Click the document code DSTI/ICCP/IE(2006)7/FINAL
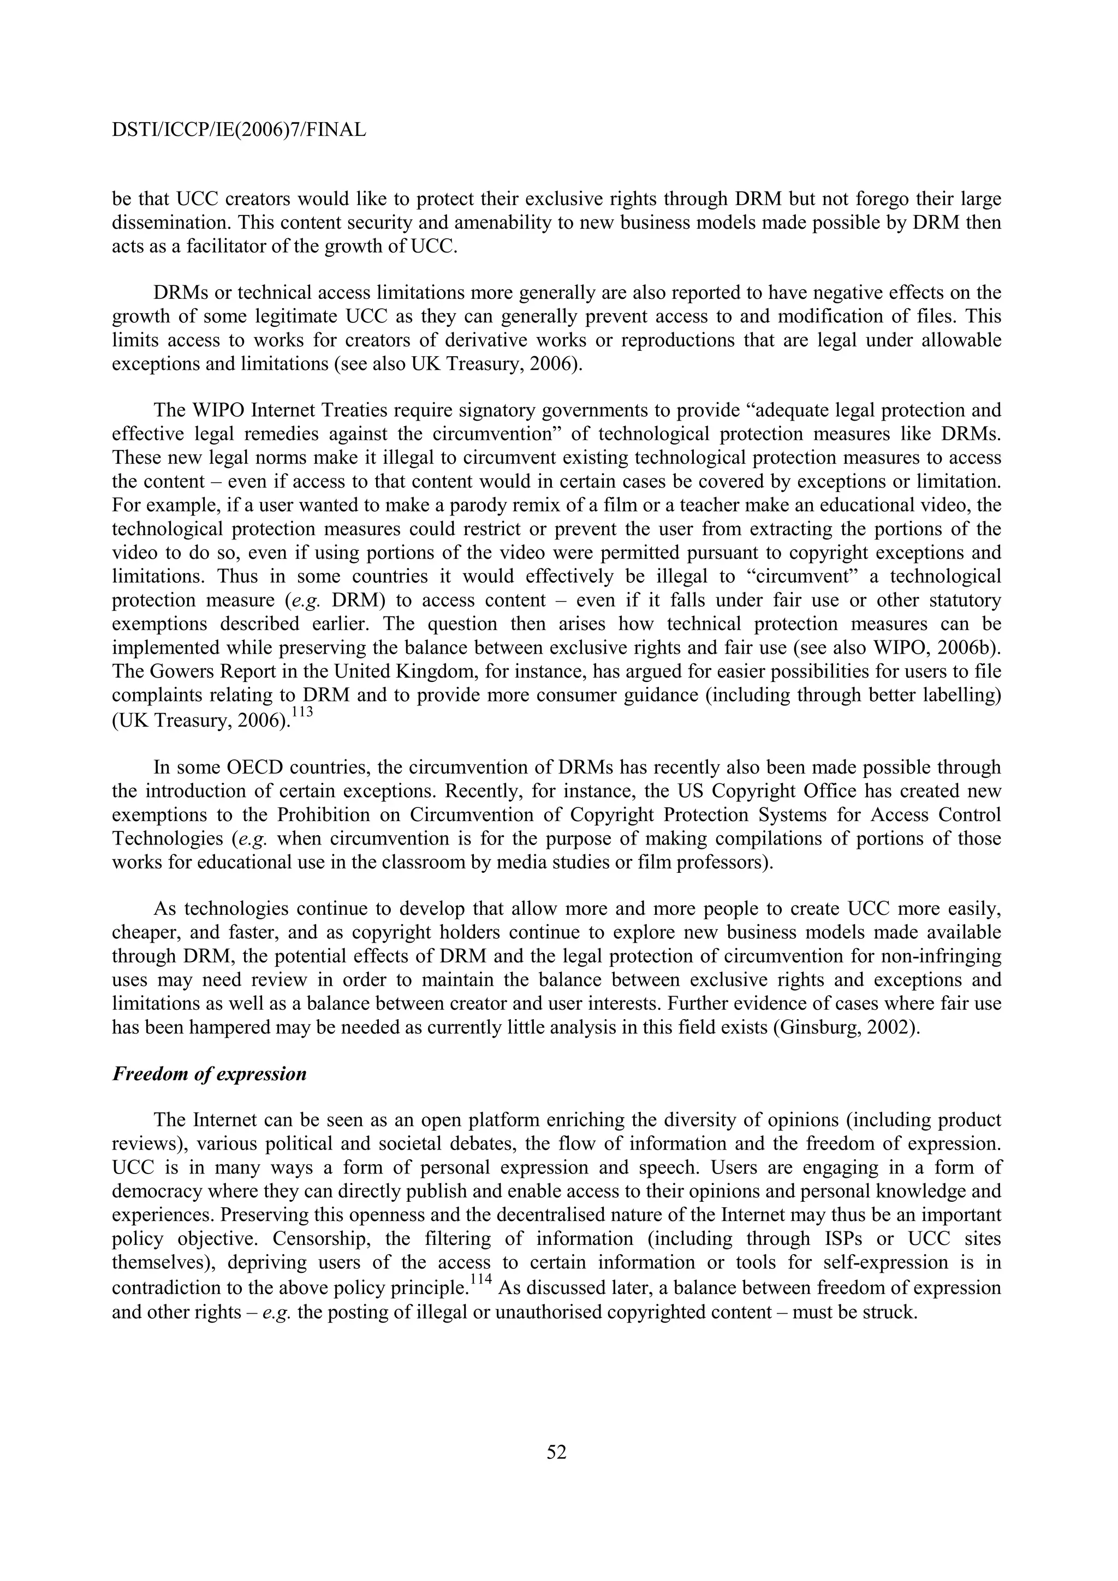point(239,129)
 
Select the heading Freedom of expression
point(209,1074)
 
